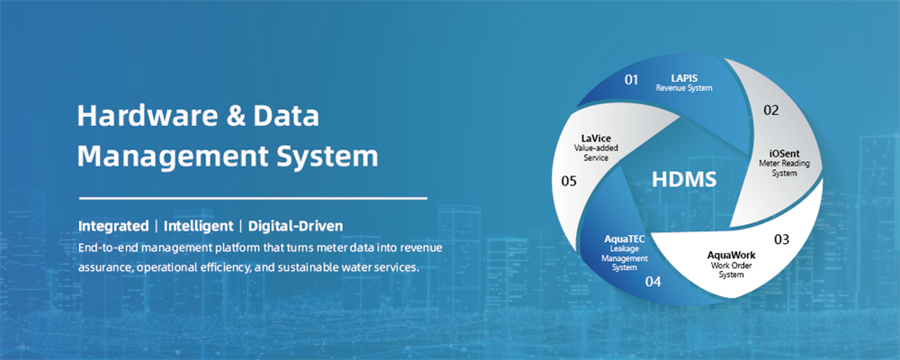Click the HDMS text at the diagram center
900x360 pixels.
pyautogui.click(x=684, y=180)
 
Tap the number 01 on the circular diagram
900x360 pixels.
pyautogui.click(x=632, y=79)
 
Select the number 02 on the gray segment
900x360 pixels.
pyautogui.click(x=771, y=110)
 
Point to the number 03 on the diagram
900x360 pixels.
pyautogui.click(x=782, y=239)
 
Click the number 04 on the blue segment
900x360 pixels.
pyautogui.click(x=653, y=282)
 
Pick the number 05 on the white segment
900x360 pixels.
pyautogui.click(x=569, y=182)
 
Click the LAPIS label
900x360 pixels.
pyautogui.click(x=684, y=76)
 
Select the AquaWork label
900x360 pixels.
pyautogui.click(x=731, y=255)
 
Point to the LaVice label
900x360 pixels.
pyautogui.click(x=596, y=139)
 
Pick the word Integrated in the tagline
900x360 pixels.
pyautogui.click(x=113, y=226)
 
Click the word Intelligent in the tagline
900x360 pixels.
pyautogui.click(x=199, y=226)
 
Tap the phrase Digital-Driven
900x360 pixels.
pyautogui.click(x=295, y=226)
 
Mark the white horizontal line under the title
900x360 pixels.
pyautogui.click(x=253, y=199)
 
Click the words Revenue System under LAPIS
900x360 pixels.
pyautogui.click(x=684, y=88)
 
